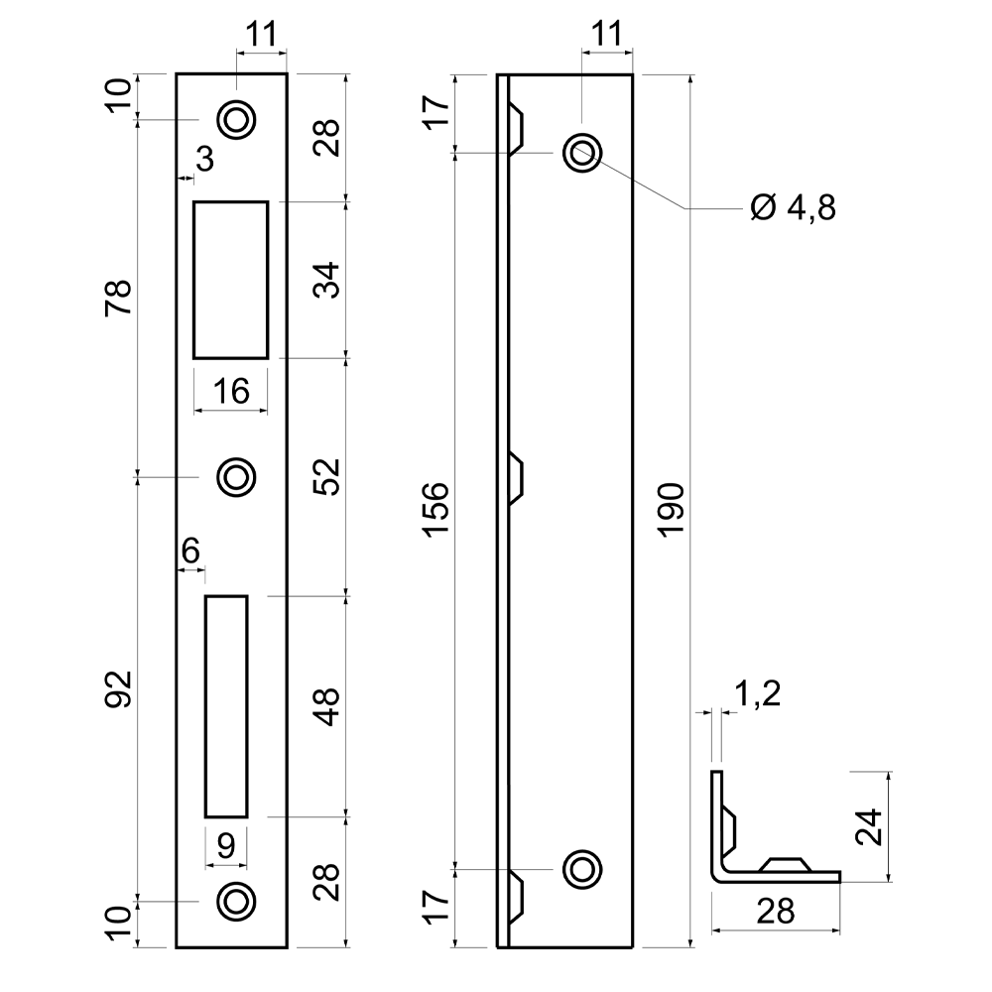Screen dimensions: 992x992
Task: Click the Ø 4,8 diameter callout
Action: (x=793, y=207)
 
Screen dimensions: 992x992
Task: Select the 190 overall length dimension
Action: (x=672, y=510)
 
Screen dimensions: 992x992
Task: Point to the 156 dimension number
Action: (x=435, y=510)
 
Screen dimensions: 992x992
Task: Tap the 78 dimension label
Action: (x=118, y=298)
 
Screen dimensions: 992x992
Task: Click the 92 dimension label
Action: (x=118, y=689)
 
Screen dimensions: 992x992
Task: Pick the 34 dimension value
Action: (x=326, y=280)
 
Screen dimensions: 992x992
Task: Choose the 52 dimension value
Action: (x=326, y=477)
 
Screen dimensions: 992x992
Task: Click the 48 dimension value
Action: (x=326, y=706)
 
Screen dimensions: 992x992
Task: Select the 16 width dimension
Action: (x=231, y=391)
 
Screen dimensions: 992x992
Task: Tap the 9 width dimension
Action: (x=226, y=845)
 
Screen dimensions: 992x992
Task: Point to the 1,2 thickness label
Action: (x=758, y=693)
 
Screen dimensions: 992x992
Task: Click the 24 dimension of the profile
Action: (x=869, y=826)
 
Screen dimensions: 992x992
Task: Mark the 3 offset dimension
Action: (x=205, y=159)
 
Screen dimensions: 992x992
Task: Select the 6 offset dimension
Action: (x=190, y=551)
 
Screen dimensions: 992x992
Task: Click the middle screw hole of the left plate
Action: (x=236, y=477)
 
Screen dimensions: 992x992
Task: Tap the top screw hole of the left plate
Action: (x=236, y=119)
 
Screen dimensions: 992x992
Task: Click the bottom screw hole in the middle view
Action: (x=582, y=869)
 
